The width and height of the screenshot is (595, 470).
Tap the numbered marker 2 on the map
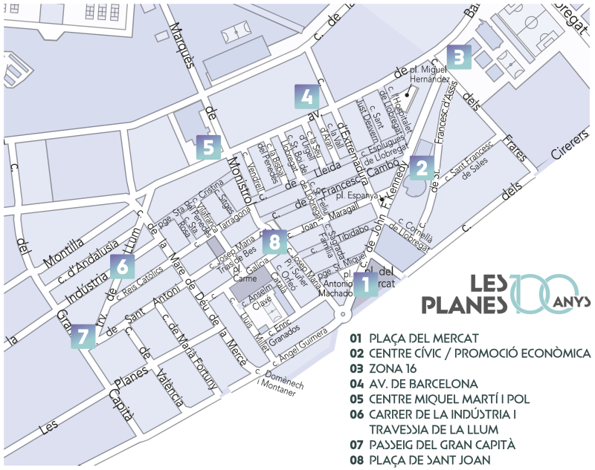click(x=422, y=168)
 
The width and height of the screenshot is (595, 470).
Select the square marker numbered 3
click(x=459, y=57)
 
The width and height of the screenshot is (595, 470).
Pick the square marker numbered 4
click(x=306, y=97)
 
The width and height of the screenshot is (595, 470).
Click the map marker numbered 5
click(x=209, y=147)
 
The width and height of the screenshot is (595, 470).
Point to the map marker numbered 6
click(x=123, y=266)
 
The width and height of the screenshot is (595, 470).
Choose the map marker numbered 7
click(x=84, y=336)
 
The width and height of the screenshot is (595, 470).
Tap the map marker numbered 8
click(x=274, y=241)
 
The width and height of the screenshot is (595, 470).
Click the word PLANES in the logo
click(x=465, y=304)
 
